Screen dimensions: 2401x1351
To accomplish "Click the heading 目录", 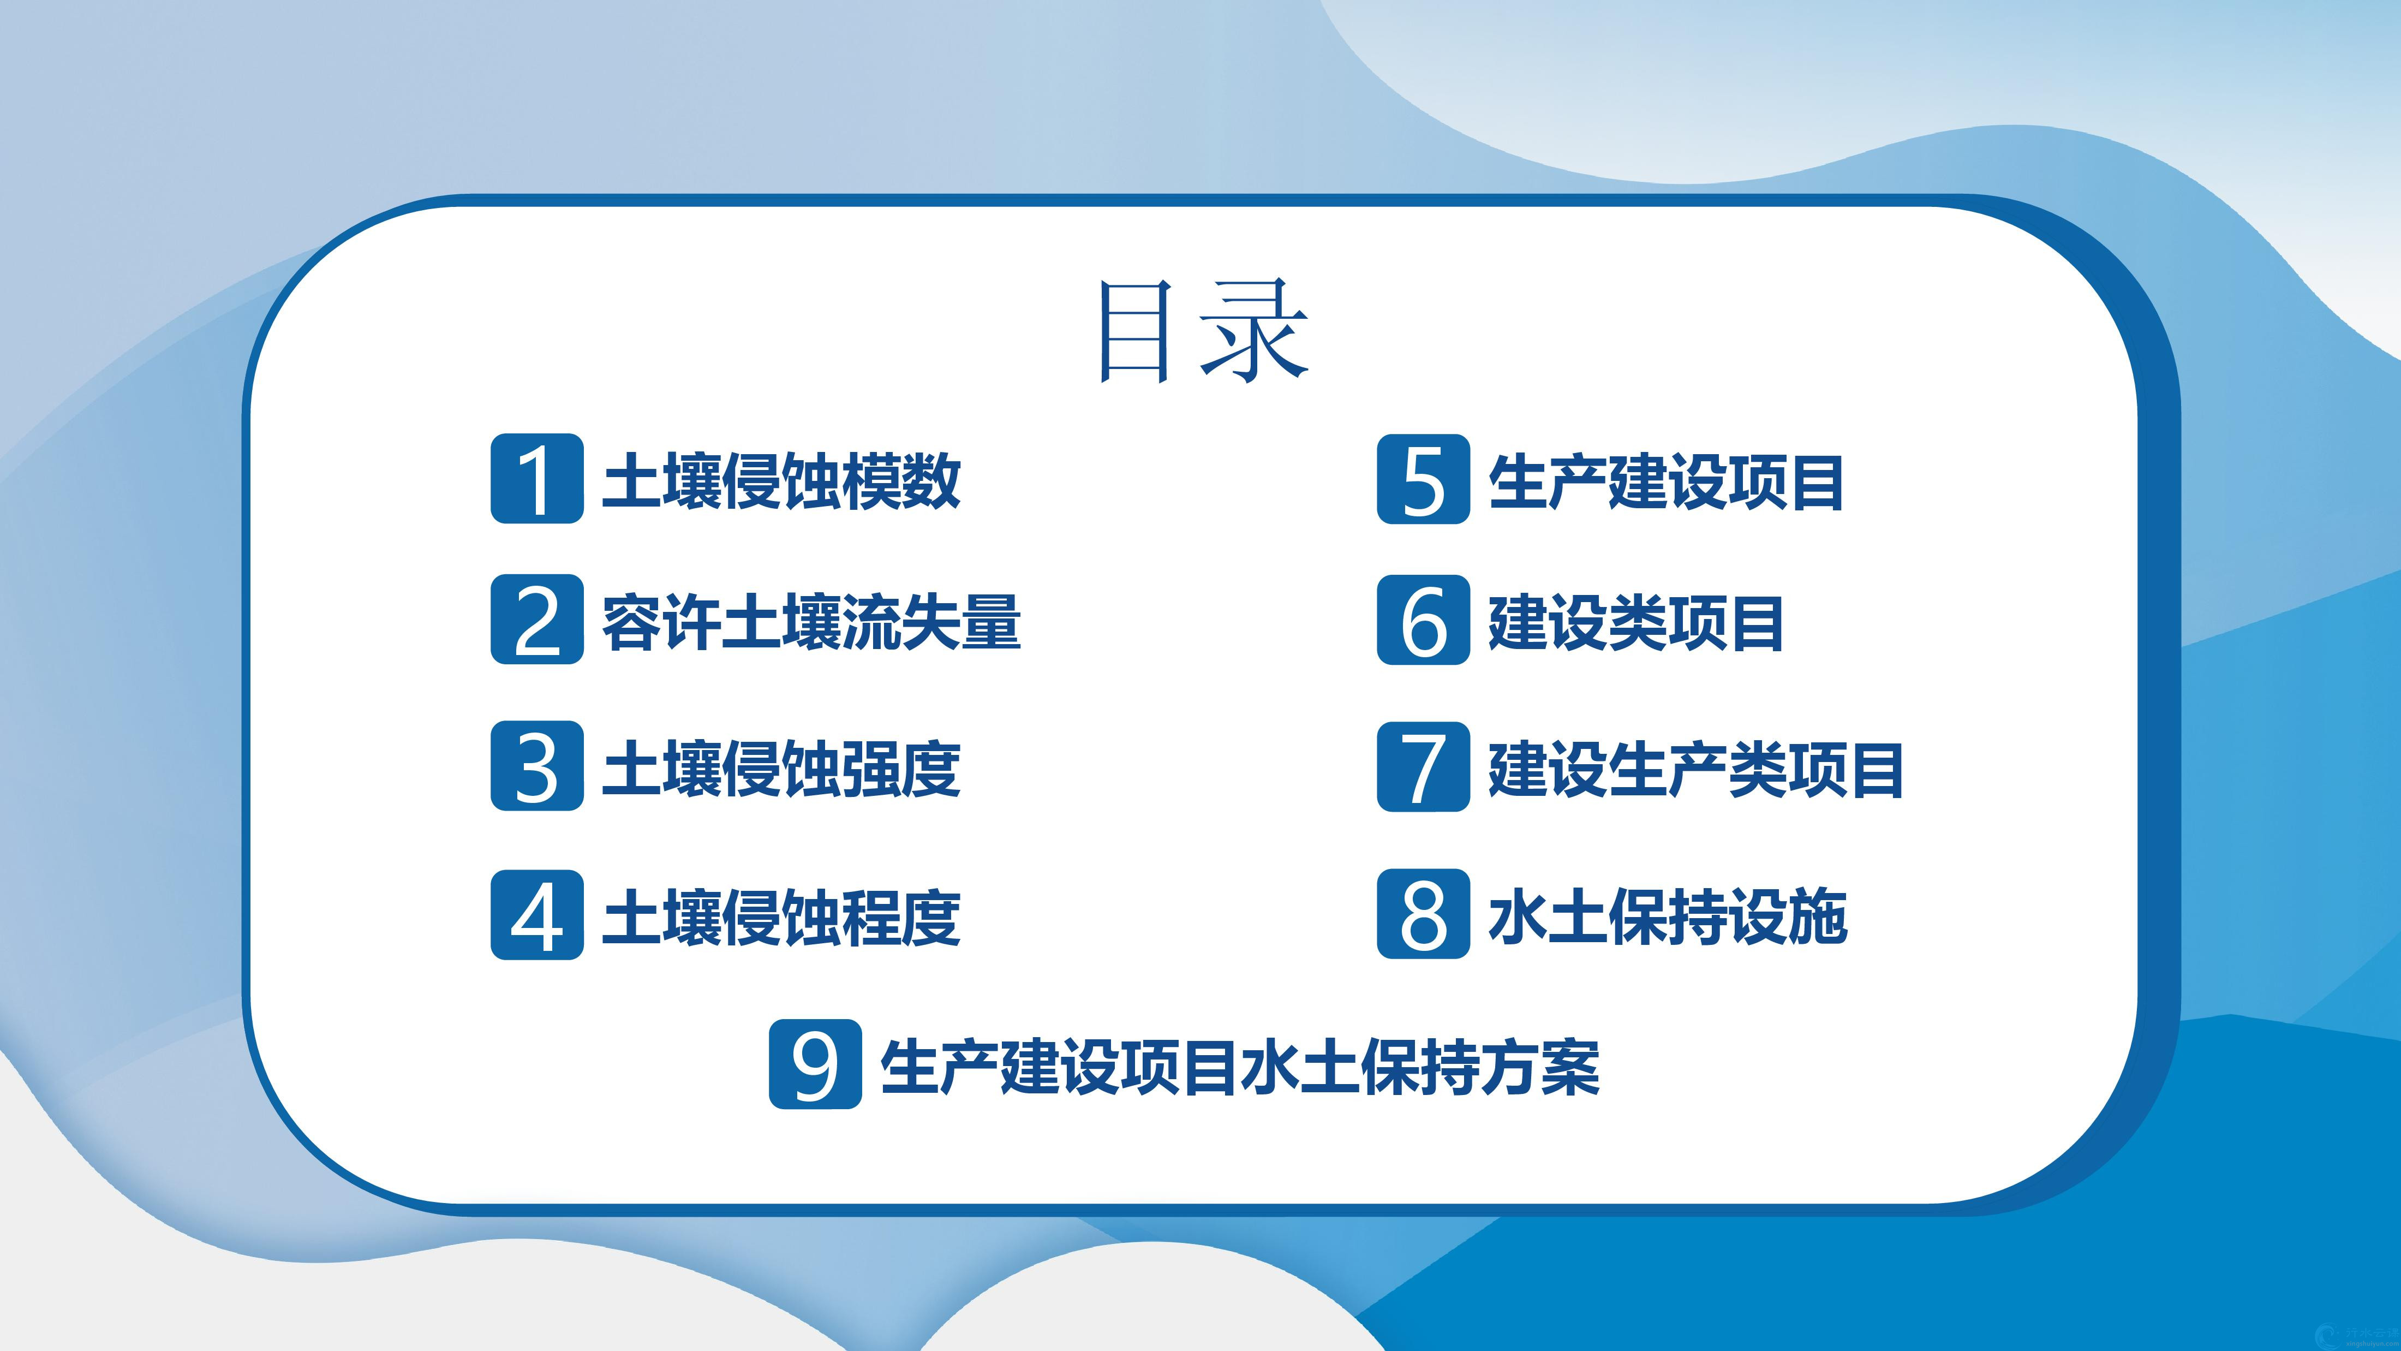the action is point(1202,331).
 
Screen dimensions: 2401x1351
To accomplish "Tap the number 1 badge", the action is point(537,478).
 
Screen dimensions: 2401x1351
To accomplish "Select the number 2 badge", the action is point(537,619).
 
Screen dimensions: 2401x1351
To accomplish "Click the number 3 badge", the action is point(537,765).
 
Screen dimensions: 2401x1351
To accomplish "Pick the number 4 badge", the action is point(537,915).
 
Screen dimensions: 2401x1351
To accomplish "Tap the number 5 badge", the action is point(1423,478).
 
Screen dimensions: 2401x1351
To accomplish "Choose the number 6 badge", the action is point(1423,619).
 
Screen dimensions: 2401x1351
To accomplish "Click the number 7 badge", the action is point(1423,765).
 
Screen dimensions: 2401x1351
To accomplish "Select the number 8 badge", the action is point(1423,915).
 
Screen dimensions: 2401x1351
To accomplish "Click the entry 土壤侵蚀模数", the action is point(781,481).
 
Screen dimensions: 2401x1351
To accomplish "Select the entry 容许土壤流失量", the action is point(811,622).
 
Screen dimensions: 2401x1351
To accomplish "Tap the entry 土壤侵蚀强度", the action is point(781,768).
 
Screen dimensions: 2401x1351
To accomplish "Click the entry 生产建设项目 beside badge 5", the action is point(1665,481).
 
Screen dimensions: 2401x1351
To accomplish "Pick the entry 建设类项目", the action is point(1636,622).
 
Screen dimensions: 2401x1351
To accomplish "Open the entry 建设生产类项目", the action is point(1695,768).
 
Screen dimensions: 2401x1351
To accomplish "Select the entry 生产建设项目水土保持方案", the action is point(1240,1067).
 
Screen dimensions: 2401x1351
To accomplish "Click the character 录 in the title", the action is point(1256,331).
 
